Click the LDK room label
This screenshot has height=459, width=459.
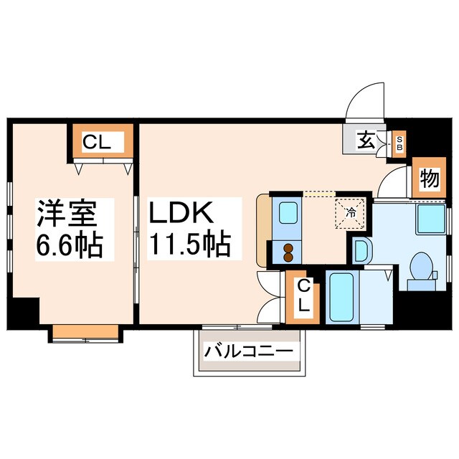click(181, 214)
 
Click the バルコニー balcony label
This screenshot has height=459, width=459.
click(248, 352)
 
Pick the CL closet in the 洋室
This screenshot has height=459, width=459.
click(102, 142)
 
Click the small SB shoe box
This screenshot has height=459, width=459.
click(399, 141)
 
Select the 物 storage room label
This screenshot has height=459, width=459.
click(428, 179)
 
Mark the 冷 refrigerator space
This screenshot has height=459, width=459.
click(351, 212)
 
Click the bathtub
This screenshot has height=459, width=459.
click(341, 297)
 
